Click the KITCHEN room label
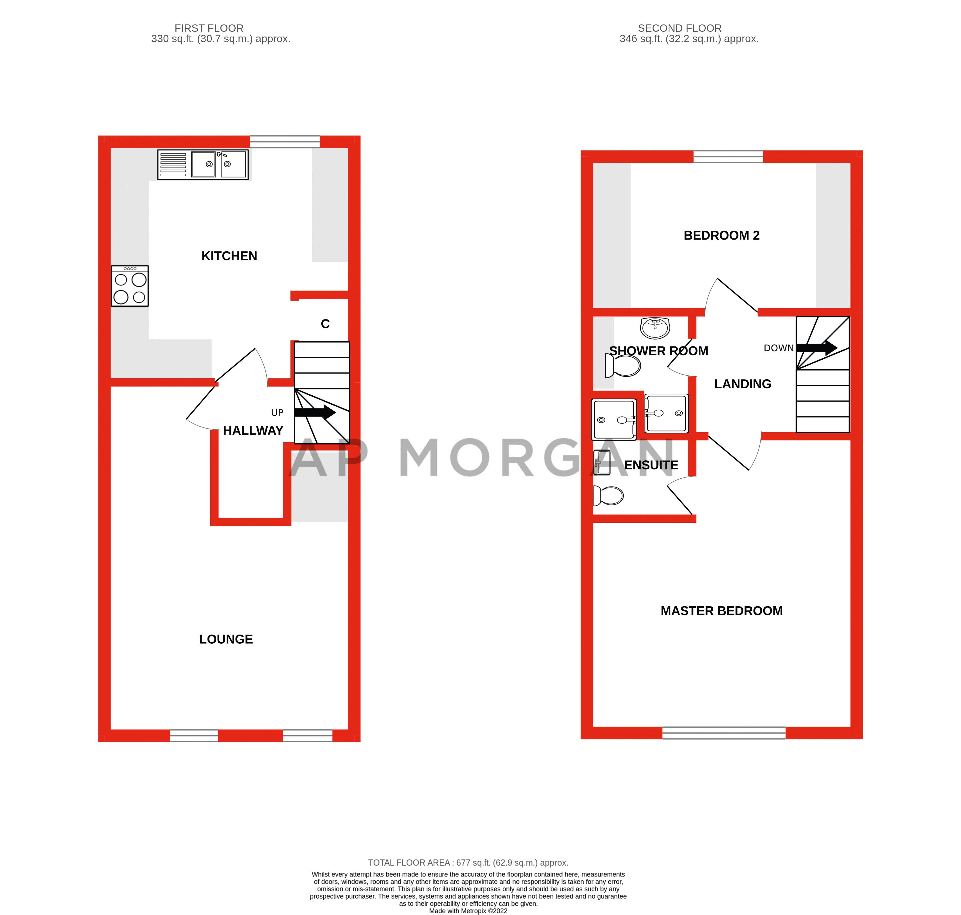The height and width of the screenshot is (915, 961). click(x=229, y=256)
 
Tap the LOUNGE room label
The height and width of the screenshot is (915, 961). click(x=226, y=639)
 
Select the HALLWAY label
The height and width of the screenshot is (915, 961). click(x=253, y=431)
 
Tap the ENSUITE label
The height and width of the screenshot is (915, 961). click(x=651, y=465)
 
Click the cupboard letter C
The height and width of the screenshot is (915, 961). click(x=325, y=324)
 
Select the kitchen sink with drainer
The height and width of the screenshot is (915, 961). click(x=203, y=164)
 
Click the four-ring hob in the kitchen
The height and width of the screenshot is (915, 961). click(x=130, y=286)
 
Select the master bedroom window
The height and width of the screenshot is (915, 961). click(x=723, y=733)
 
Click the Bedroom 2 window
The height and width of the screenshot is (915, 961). click(x=728, y=157)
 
